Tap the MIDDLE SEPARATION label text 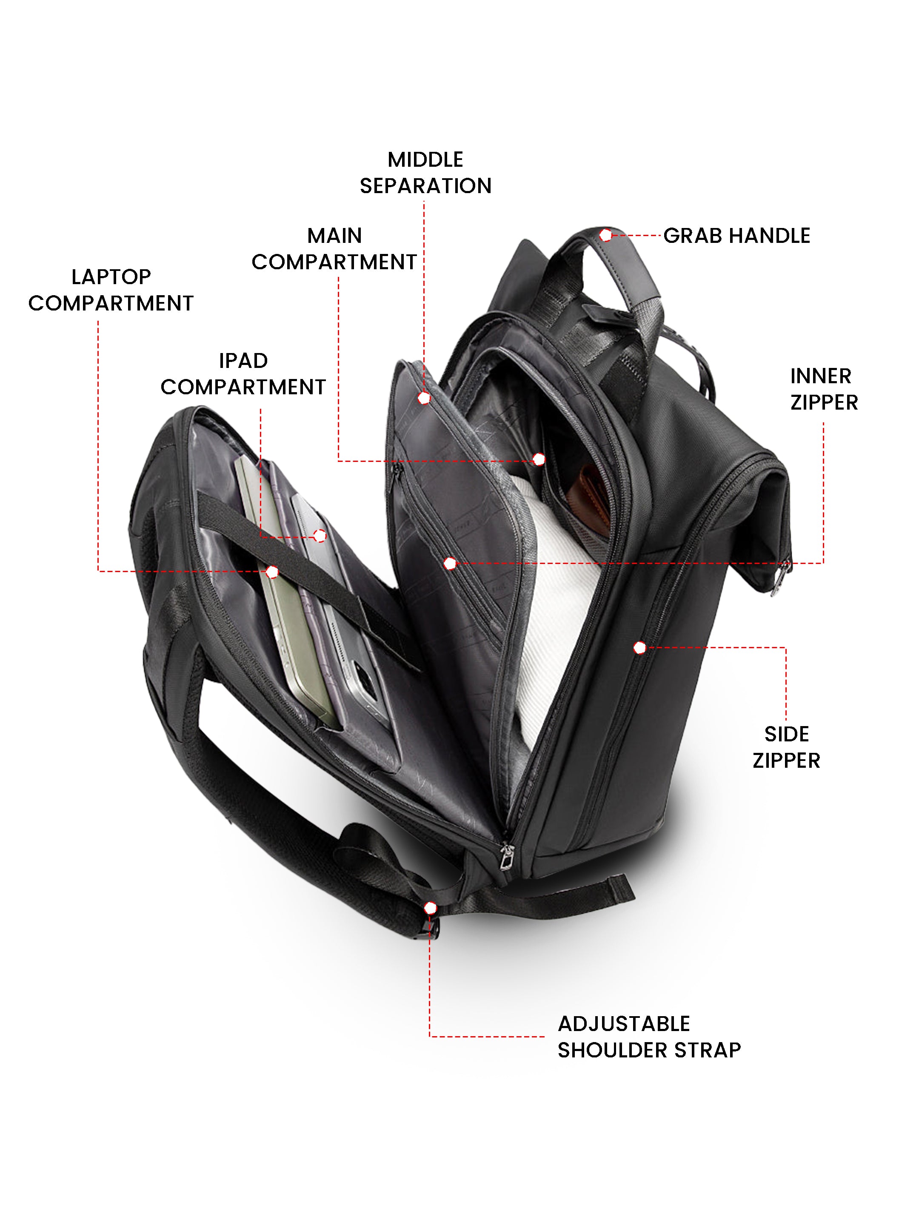pos(425,173)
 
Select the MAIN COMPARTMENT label pos(334,249)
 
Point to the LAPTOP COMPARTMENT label pos(111,290)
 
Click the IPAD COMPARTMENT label pos(243,374)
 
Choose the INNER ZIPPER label pos(824,389)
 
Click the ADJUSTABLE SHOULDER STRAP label pos(648,1037)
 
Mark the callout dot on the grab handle pos(605,235)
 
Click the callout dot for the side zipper pos(639,647)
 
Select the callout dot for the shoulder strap pos(430,908)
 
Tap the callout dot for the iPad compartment pos(320,536)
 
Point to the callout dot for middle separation pos(424,398)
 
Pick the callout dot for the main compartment pos(539,459)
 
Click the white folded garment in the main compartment pos(559,609)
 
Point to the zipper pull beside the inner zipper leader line pos(782,578)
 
